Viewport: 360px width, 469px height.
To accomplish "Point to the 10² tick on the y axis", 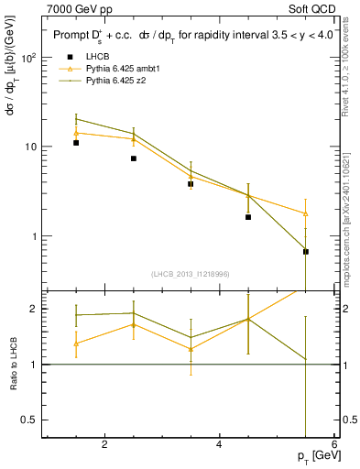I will tap(27, 57).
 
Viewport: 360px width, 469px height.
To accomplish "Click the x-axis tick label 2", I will tap(104, 444).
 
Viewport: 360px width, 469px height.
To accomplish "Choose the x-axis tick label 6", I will tap(333, 444).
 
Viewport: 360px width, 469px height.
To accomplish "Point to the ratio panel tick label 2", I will tap(32, 309).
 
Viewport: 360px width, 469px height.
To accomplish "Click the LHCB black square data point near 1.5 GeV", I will tap(76, 143).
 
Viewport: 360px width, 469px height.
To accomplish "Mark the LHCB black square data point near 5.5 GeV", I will tap(306, 251).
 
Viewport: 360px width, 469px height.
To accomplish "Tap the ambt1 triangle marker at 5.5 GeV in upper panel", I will tap(306, 213).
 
